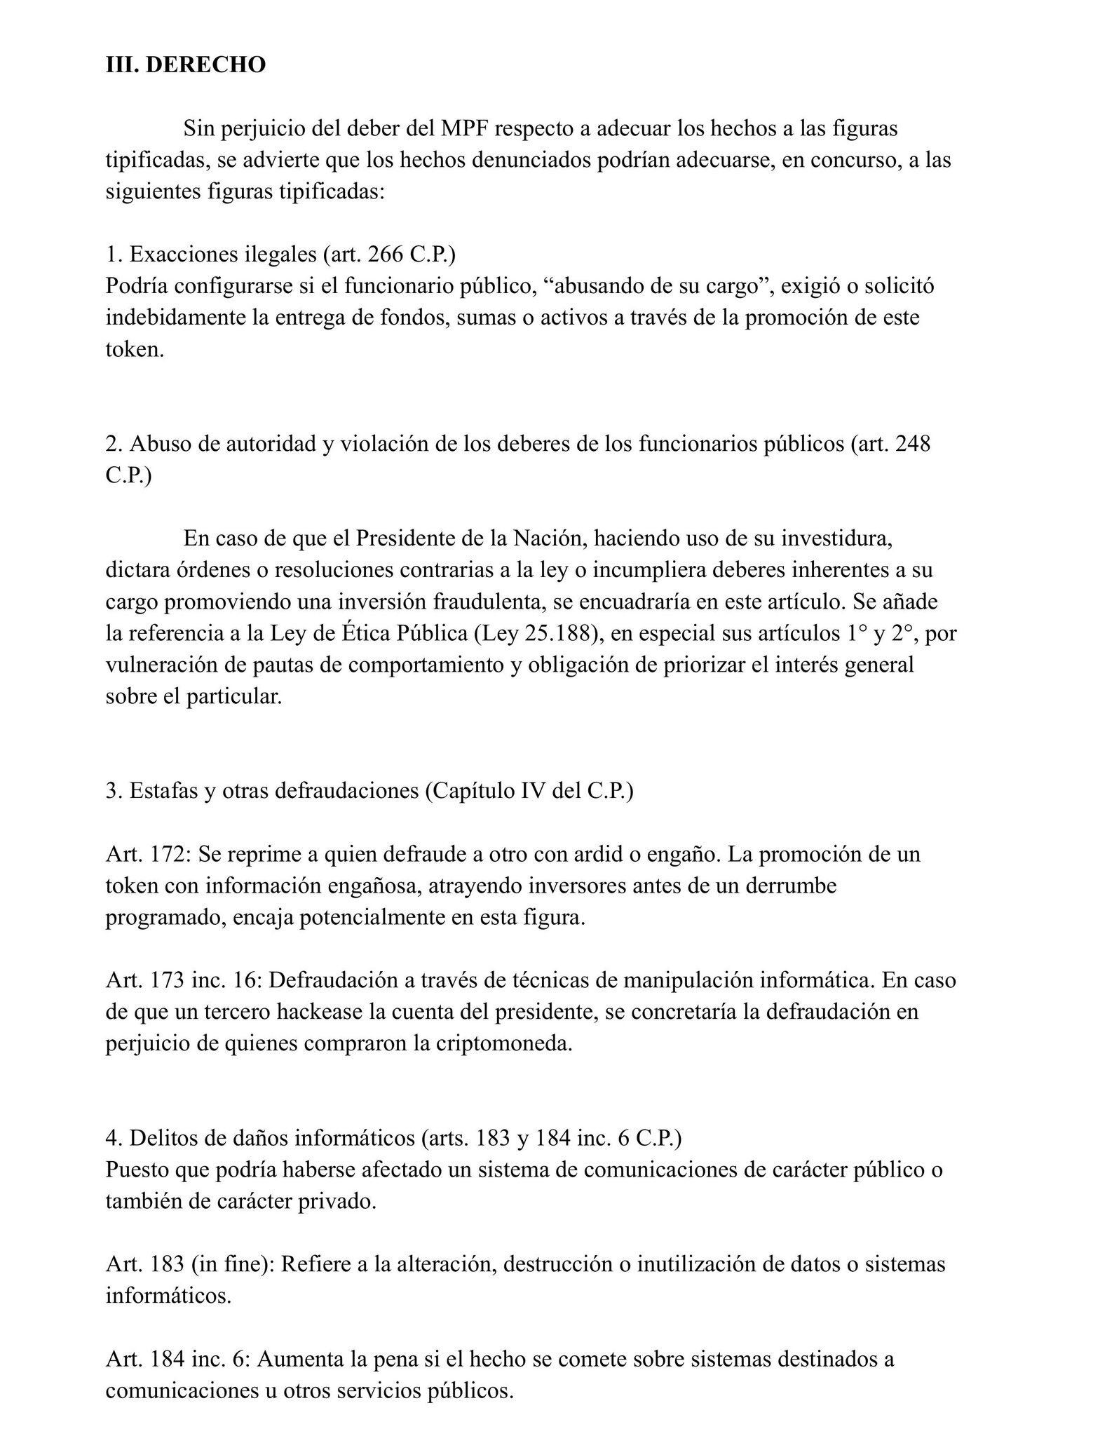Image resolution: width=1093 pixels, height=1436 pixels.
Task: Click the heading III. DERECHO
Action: coord(186,65)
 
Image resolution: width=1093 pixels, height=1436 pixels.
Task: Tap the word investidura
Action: coord(836,539)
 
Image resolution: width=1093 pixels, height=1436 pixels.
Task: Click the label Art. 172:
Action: coord(149,854)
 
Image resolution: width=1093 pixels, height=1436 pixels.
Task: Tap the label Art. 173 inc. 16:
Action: coord(184,980)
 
